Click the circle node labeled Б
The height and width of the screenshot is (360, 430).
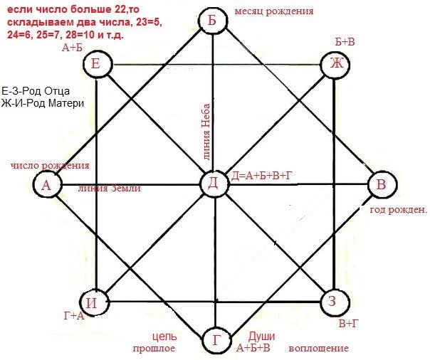pyautogui.click(x=212, y=22)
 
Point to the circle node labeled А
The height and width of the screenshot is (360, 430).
pyautogui.click(x=46, y=185)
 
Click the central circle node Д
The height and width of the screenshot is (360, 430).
pyautogui.click(x=213, y=184)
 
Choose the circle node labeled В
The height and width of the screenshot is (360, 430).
pyautogui.click(x=380, y=185)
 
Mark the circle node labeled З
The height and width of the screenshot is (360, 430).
pyautogui.click(x=332, y=301)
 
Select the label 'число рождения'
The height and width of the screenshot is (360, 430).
pyautogui.click(x=50, y=166)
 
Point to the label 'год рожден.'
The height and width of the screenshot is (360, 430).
pyautogui.click(x=397, y=210)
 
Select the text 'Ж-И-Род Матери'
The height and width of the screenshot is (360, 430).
pyautogui.click(x=43, y=104)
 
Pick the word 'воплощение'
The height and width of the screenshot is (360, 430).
pyautogui.click(x=318, y=349)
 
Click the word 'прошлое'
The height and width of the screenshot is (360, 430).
pyautogui.click(x=154, y=349)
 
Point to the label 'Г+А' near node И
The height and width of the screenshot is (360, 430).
pyautogui.click(x=74, y=316)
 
